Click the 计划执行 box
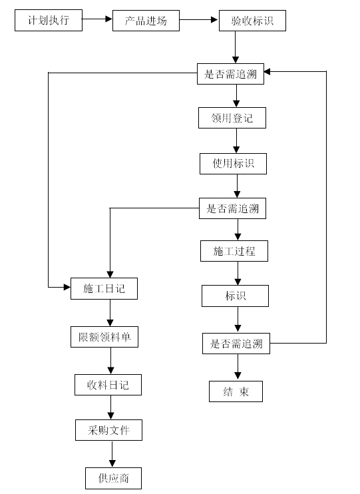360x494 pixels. [x=49, y=21]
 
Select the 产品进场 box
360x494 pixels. [x=146, y=21]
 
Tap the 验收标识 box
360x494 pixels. [x=253, y=21]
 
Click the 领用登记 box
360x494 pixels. [x=232, y=118]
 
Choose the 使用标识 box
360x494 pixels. [x=233, y=164]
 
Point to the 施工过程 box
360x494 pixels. [x=234, y=251]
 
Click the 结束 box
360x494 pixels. [x=236, y=391]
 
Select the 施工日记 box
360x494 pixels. [x=104, y=288]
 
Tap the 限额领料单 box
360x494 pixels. [x=104, y=337]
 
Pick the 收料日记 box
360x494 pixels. [x=108, y=385]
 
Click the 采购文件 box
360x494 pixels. [x=108, y=430]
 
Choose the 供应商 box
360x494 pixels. [x=113, y=478]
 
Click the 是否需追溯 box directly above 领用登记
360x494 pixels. [x=230, y=74]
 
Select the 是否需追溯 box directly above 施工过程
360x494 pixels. [x=232, y=208]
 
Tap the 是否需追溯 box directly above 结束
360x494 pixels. [x=236, y=344]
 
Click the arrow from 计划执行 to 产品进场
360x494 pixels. [x=97, y=19]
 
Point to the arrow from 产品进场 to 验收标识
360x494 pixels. [x=199, y=20]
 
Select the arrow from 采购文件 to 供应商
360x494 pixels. [x=112, y=454]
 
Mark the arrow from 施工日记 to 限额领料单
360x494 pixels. [x=110, y=313]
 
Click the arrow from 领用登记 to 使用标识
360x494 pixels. [x=236, y=141]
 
